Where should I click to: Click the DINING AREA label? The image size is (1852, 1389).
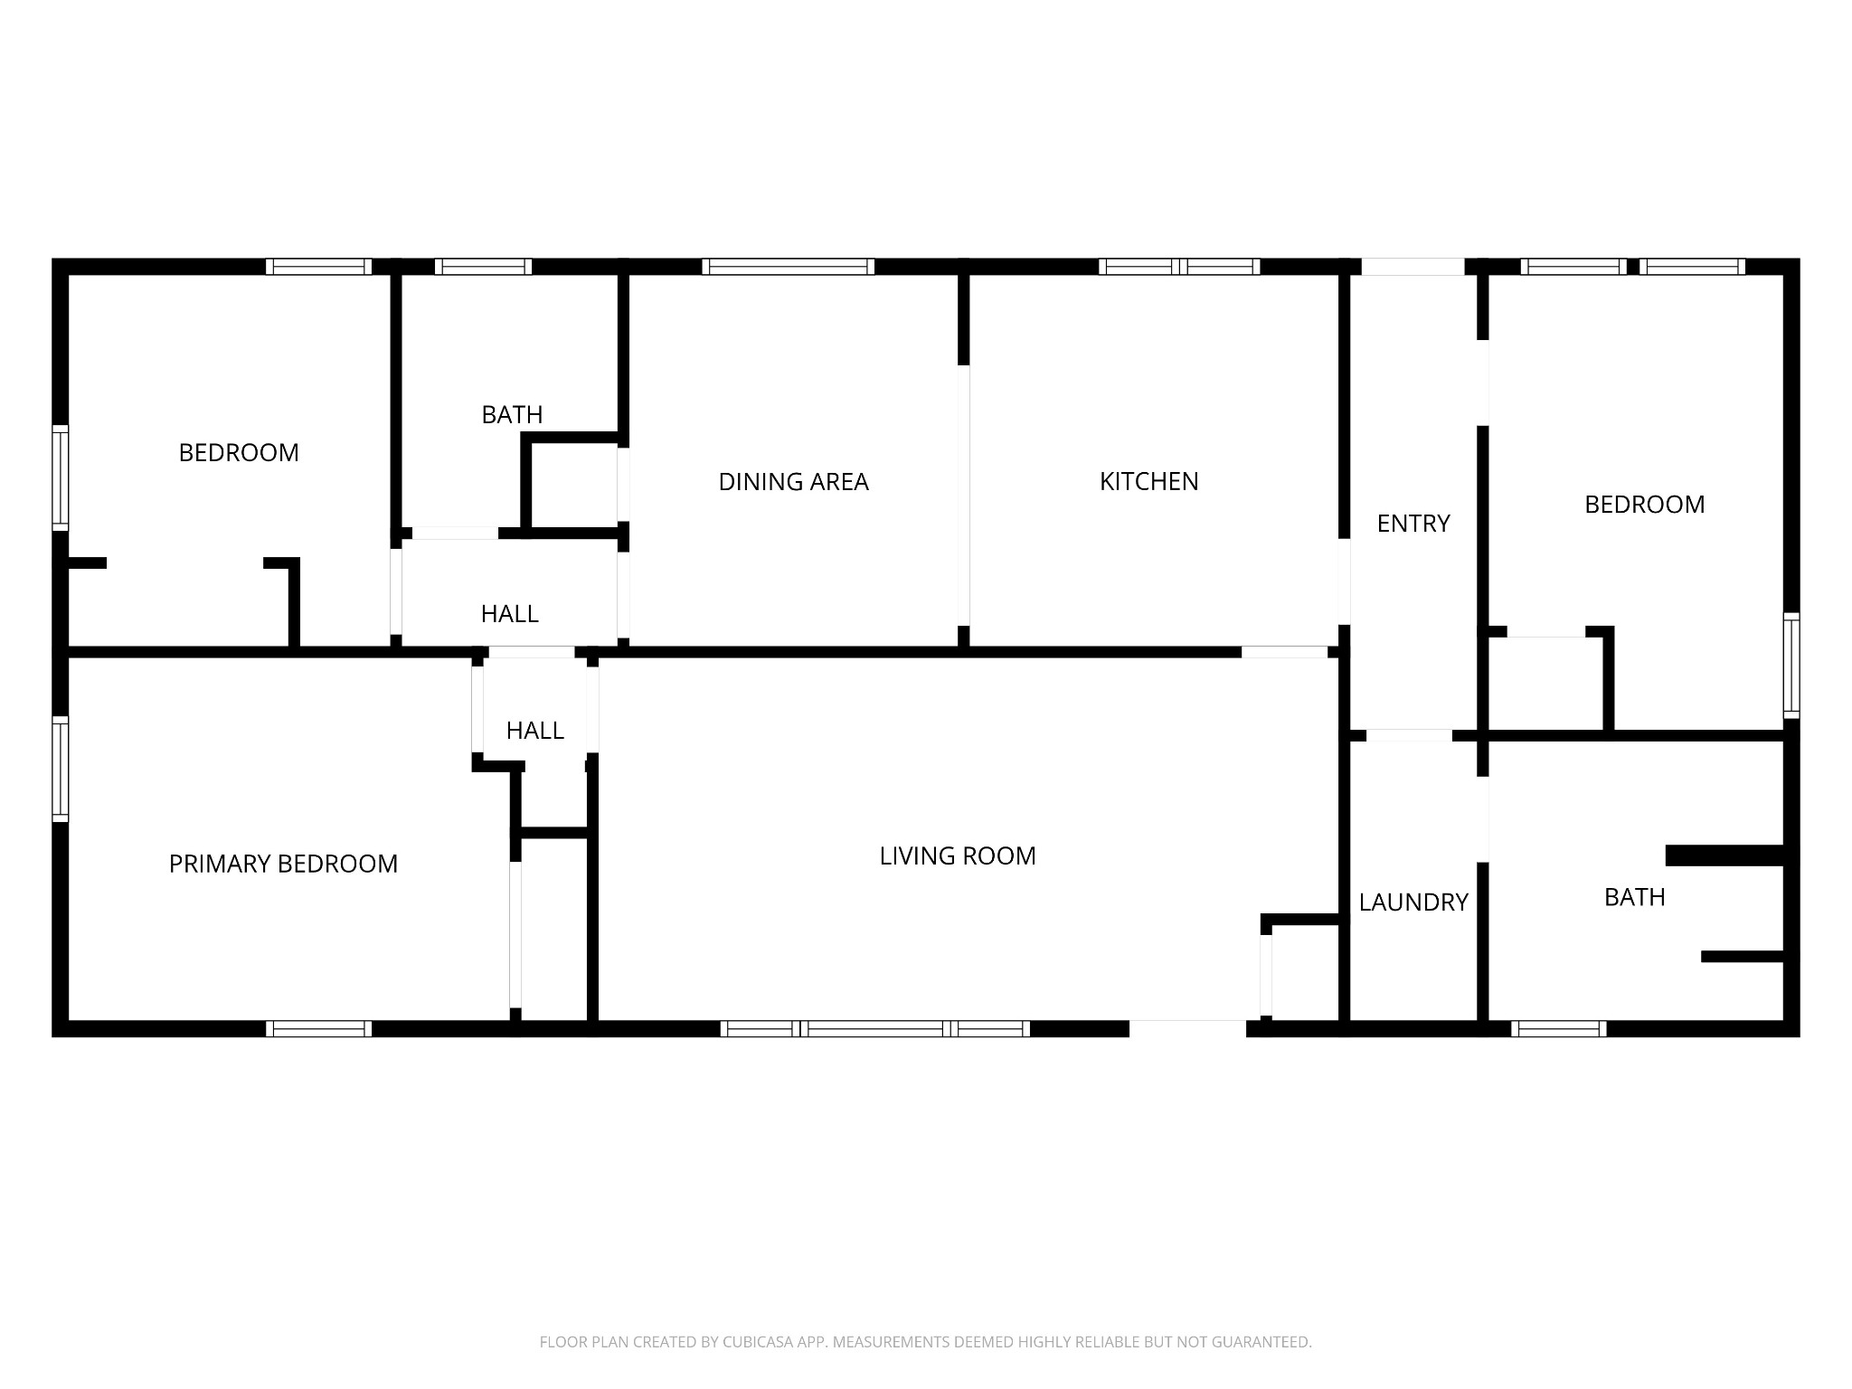point(793,482)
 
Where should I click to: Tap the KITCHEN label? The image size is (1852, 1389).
point(1148,481)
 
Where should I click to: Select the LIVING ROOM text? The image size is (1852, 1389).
point(958,855)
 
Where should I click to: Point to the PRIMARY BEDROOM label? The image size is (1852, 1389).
point(283,864)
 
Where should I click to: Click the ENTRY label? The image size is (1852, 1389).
point(1413,524)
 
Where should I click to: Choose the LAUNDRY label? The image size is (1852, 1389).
point(1413,902)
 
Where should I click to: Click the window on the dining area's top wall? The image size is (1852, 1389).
point(788,267)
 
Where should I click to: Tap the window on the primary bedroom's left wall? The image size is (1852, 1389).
point(61,769)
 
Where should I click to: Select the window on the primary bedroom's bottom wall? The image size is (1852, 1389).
point(318,1028)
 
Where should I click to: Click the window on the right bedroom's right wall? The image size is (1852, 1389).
point(1791,666)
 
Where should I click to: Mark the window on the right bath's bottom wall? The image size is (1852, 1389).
point(1558,1028)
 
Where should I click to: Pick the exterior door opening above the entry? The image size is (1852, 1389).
point(1413,267)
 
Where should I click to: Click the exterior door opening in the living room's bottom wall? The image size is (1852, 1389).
point(1187,1028)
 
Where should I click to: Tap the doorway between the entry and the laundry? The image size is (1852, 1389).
point(1408,735)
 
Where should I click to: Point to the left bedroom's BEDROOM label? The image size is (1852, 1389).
point(239,452)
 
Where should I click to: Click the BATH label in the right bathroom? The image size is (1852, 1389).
point(1634,897)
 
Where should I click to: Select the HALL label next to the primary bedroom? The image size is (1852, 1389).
point(534,730)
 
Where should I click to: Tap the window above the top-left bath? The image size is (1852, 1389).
point(483,267)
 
